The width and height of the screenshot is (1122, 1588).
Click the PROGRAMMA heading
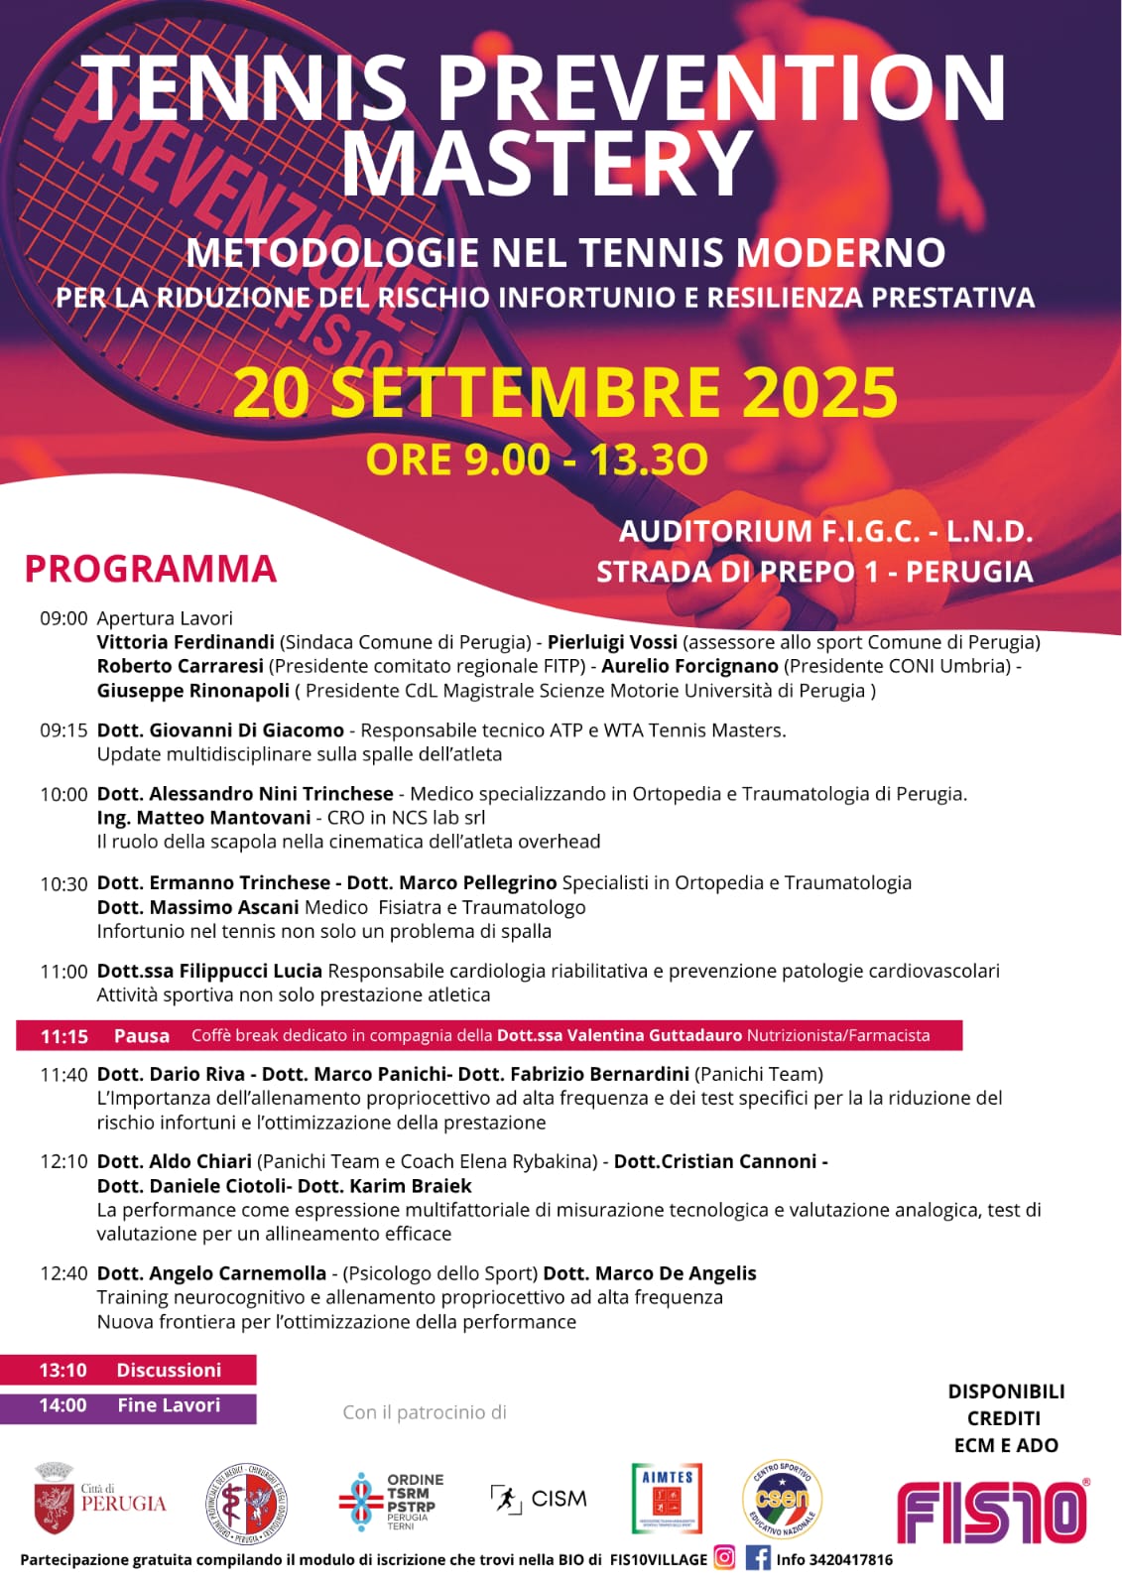[151, 569]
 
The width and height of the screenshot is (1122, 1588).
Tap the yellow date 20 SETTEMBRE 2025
[565, 392]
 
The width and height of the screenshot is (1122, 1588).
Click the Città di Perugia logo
[100, 1499]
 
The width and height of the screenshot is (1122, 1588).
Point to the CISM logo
[539, 1499]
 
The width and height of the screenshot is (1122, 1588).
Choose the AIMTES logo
[667, 1498]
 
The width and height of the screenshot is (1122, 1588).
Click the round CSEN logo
[782, 1499]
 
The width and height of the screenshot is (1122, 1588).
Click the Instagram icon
[725, 1558]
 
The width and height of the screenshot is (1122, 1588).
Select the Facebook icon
[758, 1558]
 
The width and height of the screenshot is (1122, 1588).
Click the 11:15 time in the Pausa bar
[64, 1036]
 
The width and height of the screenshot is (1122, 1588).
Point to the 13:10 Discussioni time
[62, 1371]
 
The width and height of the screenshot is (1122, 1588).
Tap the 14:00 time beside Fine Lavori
[62, 1405]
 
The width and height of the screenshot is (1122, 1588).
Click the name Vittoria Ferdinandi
[186, 642]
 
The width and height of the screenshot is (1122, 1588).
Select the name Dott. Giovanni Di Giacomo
[220, 730]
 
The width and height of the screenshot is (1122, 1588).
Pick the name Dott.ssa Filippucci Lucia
[209, 971]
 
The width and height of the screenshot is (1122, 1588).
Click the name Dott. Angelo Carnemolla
[211, 1273]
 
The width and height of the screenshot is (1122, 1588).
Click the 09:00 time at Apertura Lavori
[63, 618]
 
